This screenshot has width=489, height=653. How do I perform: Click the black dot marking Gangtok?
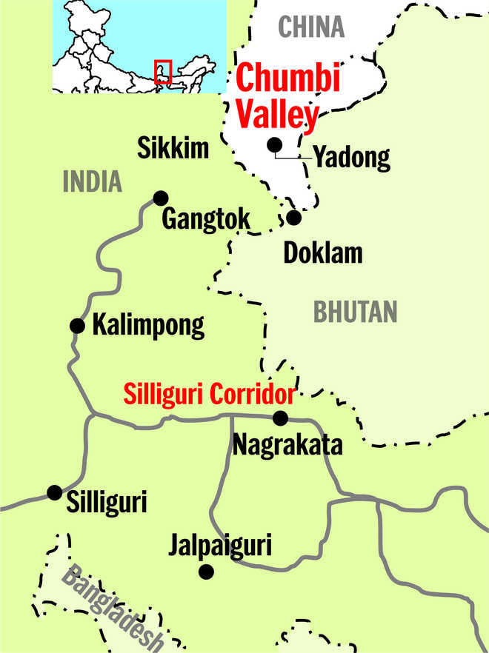click(x=160, y=198)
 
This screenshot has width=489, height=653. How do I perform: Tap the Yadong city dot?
click(x=275, y=144)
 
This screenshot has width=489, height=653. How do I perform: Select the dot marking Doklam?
click(x=294, y=218)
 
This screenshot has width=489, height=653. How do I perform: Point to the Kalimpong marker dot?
click(x=76, y=325)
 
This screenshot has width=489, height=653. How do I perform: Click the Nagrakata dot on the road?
click(x=280, y=418)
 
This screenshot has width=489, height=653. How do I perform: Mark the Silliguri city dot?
click(x=54, y=492)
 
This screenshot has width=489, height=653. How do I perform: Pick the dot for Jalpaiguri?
click(x=207, y=572)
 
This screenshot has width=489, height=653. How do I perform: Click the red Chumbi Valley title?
click(x=278, y=97)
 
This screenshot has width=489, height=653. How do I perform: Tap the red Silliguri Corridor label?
click(x=210, y=393)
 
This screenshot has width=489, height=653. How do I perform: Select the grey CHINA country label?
click(x=311, y=27)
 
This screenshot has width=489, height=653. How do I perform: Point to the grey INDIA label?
click(x=93, y=181)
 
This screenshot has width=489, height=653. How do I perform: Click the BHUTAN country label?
click(x=356, y=312)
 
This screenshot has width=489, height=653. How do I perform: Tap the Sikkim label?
click(x=174, y=149)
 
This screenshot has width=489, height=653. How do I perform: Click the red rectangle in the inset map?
click(x=162, y=71)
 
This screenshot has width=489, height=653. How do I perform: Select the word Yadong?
click(x=351, y=157)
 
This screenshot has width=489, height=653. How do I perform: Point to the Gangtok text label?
click(x=206, y=220)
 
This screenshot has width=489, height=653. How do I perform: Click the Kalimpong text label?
click(x=148, y=326)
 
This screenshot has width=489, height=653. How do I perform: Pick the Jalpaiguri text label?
click(x=219, y=546)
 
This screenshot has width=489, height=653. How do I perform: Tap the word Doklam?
click(x=323, y=253)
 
